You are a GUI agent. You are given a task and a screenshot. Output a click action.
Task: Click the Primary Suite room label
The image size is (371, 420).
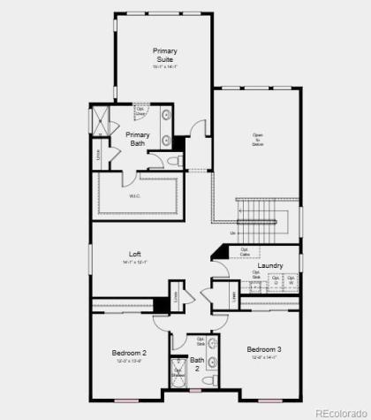click(x=164, y=55)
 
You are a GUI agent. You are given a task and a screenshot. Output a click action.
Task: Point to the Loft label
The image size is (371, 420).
click(x=134, y=255)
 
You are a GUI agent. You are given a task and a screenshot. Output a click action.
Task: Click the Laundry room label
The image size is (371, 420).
click(x=269, y=265)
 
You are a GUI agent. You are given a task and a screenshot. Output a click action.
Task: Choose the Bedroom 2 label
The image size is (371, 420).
click(x=129, y=353)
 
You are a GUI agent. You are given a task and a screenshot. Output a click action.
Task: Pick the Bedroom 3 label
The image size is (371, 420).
click(x=264, y=348)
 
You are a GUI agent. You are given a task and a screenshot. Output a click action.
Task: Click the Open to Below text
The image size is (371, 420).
click(x=257, y=139)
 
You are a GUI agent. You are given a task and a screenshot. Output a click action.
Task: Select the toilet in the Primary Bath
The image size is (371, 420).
click(x=172, y=161)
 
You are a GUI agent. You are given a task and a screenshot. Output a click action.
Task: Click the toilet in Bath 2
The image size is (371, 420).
click(x=209, y=380)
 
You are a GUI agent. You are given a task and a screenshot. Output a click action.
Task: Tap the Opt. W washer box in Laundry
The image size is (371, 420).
click(x=290, y=281)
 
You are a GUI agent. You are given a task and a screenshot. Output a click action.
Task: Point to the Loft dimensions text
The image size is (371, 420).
click(x=134, y=262)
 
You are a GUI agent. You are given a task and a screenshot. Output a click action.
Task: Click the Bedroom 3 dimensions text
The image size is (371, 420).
click(x=264, y=357)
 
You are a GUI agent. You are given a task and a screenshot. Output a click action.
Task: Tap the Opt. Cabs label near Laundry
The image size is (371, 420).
click(x=244, y=251)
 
